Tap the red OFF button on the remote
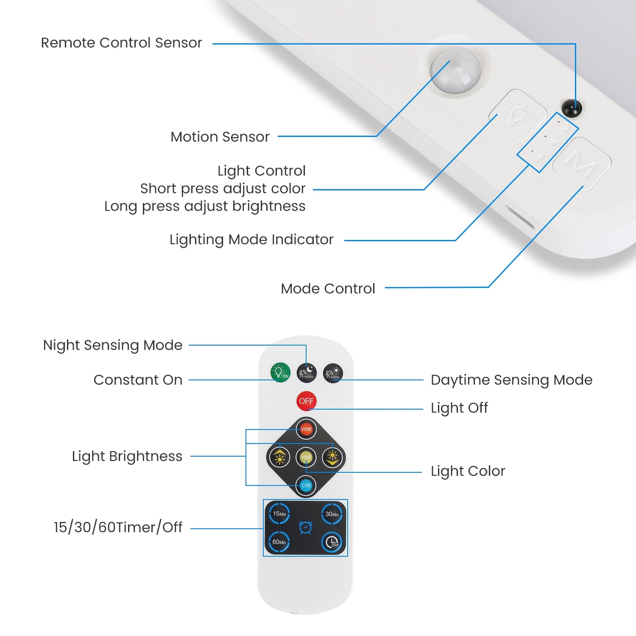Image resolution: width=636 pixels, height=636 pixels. (x=306, y=401)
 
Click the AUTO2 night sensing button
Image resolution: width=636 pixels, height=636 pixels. (x=306, y=373)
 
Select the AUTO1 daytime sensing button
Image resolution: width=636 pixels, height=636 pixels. (x=333, y=373)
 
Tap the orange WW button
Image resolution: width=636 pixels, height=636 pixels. (x=306, y=429)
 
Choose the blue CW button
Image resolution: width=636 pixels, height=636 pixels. (x=306, y=485)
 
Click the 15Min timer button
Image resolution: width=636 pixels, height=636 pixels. (x=279, y=514)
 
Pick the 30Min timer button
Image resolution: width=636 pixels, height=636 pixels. (x=332, y=514)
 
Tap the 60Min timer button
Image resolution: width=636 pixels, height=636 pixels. (x=279, y=542)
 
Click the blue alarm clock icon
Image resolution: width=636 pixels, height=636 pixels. (x=305, y=527)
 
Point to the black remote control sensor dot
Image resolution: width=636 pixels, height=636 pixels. (x=572, y=108)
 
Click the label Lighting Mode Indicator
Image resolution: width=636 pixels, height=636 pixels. (x=251, y=239)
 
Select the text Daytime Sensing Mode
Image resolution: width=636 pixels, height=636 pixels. (x=511, y=380)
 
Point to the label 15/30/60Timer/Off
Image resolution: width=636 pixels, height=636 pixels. (x=118, y=527)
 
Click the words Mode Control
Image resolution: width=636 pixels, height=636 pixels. (x=328, y=289)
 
